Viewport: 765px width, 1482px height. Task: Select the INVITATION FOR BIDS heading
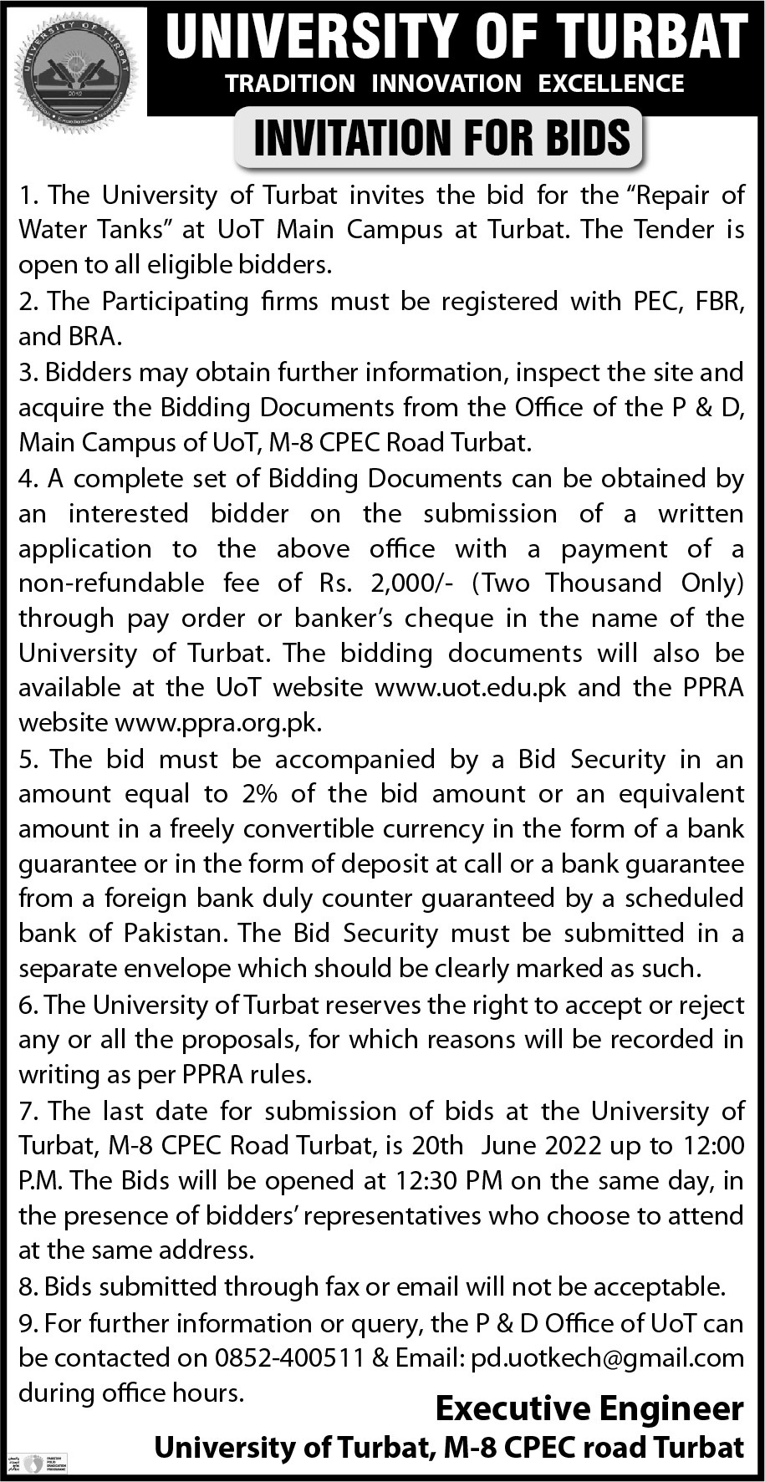point(441,138)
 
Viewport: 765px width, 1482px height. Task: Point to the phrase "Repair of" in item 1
point(690,195)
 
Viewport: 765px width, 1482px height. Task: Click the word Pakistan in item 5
point(171,933)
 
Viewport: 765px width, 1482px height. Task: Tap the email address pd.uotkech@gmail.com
point(607,1358)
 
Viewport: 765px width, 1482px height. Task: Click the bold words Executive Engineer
point(589,1409)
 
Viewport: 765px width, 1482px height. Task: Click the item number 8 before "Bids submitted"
point(26,1286)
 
